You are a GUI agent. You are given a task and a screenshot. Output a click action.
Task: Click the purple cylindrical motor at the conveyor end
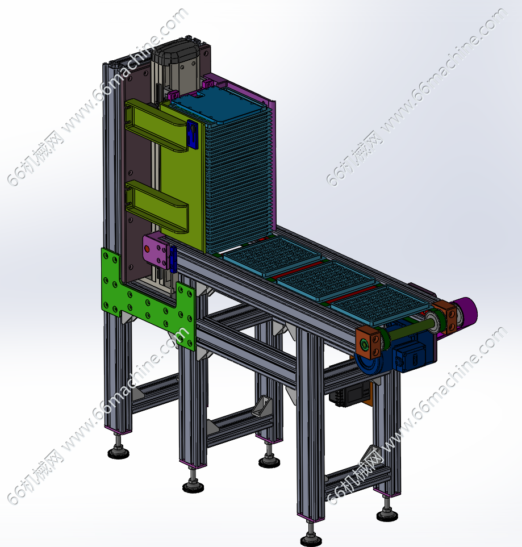(466, 311)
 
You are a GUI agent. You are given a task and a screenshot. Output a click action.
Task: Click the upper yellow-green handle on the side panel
(157, 125)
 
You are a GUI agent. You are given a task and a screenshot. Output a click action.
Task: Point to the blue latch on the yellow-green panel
(192, 134)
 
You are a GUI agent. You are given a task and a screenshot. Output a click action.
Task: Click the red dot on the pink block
(147, 249)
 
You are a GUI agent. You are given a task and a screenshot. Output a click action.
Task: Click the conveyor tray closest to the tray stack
(272, 256)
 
